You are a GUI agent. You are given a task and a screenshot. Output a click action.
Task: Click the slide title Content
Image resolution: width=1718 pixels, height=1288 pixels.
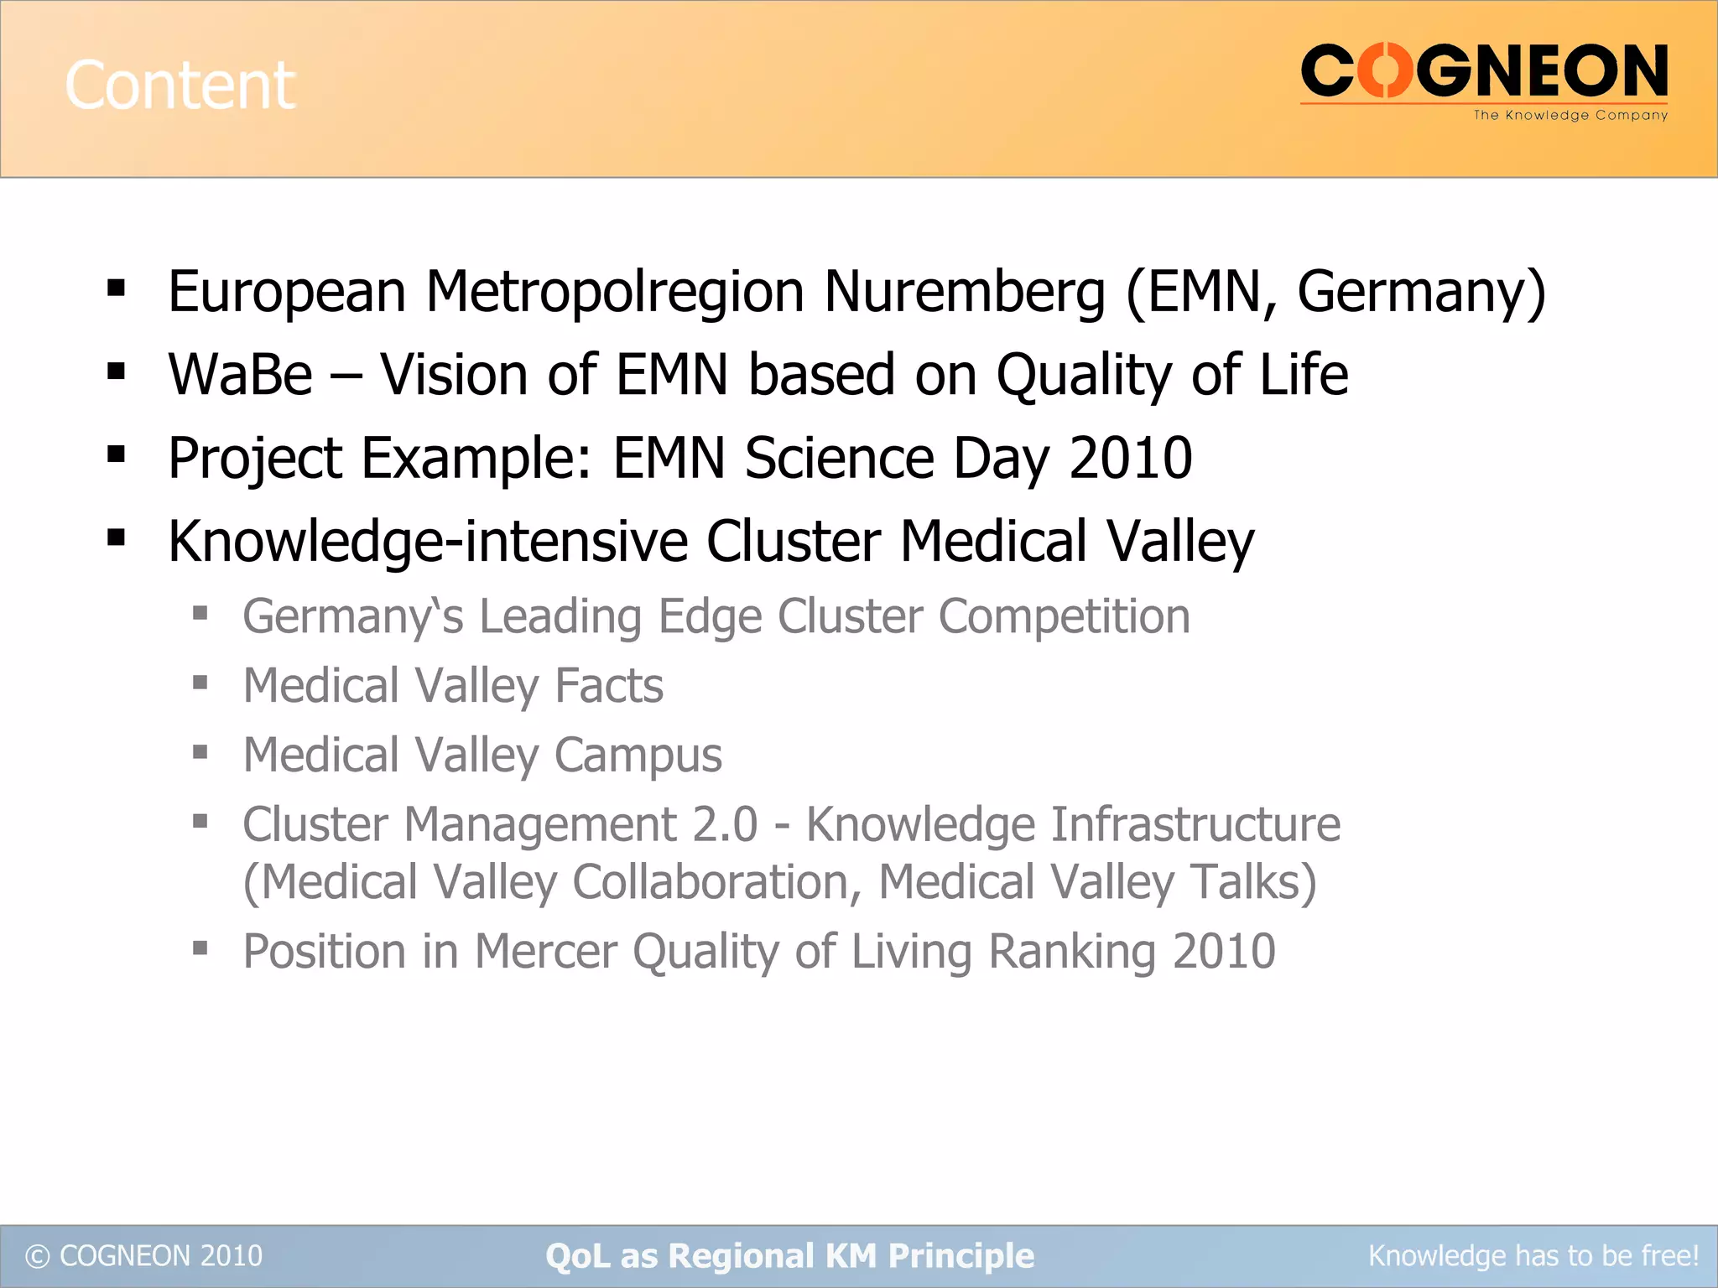tap(180, 85)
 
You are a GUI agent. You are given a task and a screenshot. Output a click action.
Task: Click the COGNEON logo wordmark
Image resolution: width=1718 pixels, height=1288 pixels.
tap(1484, 72)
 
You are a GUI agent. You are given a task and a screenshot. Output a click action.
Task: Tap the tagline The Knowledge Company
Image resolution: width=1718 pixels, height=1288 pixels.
tap(1570, 116)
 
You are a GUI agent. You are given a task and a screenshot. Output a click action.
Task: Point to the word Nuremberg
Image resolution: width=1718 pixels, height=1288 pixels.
tap(964, 293)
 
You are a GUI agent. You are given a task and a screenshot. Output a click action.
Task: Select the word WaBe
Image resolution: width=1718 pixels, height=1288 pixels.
tap(240, 374)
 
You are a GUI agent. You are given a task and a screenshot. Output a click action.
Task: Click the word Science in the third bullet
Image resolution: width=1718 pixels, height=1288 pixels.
tap(839, 458)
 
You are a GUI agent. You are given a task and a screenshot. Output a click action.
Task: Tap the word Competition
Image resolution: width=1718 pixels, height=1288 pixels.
tap(1064, 616)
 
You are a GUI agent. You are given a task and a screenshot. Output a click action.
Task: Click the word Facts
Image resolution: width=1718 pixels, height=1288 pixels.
tap(609, 686)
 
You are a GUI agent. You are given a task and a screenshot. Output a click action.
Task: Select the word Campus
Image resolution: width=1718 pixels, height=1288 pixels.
tap(638, 756)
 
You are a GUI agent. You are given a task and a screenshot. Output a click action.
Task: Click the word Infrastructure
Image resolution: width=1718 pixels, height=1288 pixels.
tap(1195, 824)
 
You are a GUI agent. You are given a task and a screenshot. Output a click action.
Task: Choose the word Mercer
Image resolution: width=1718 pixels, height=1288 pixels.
tap(545, 952)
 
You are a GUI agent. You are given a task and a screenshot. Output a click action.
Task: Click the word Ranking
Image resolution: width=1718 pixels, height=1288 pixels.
tap(1071, 952)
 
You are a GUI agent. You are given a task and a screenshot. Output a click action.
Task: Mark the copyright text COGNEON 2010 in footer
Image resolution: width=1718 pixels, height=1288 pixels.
tap(144, 1255)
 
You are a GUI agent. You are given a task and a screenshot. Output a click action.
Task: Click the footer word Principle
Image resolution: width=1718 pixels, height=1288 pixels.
tap(961, 1256)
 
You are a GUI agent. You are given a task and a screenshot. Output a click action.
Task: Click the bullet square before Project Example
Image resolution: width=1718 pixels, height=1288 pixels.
tap(117, 455)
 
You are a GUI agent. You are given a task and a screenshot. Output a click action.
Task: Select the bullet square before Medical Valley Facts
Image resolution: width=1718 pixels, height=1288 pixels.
tap(200, 683)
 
